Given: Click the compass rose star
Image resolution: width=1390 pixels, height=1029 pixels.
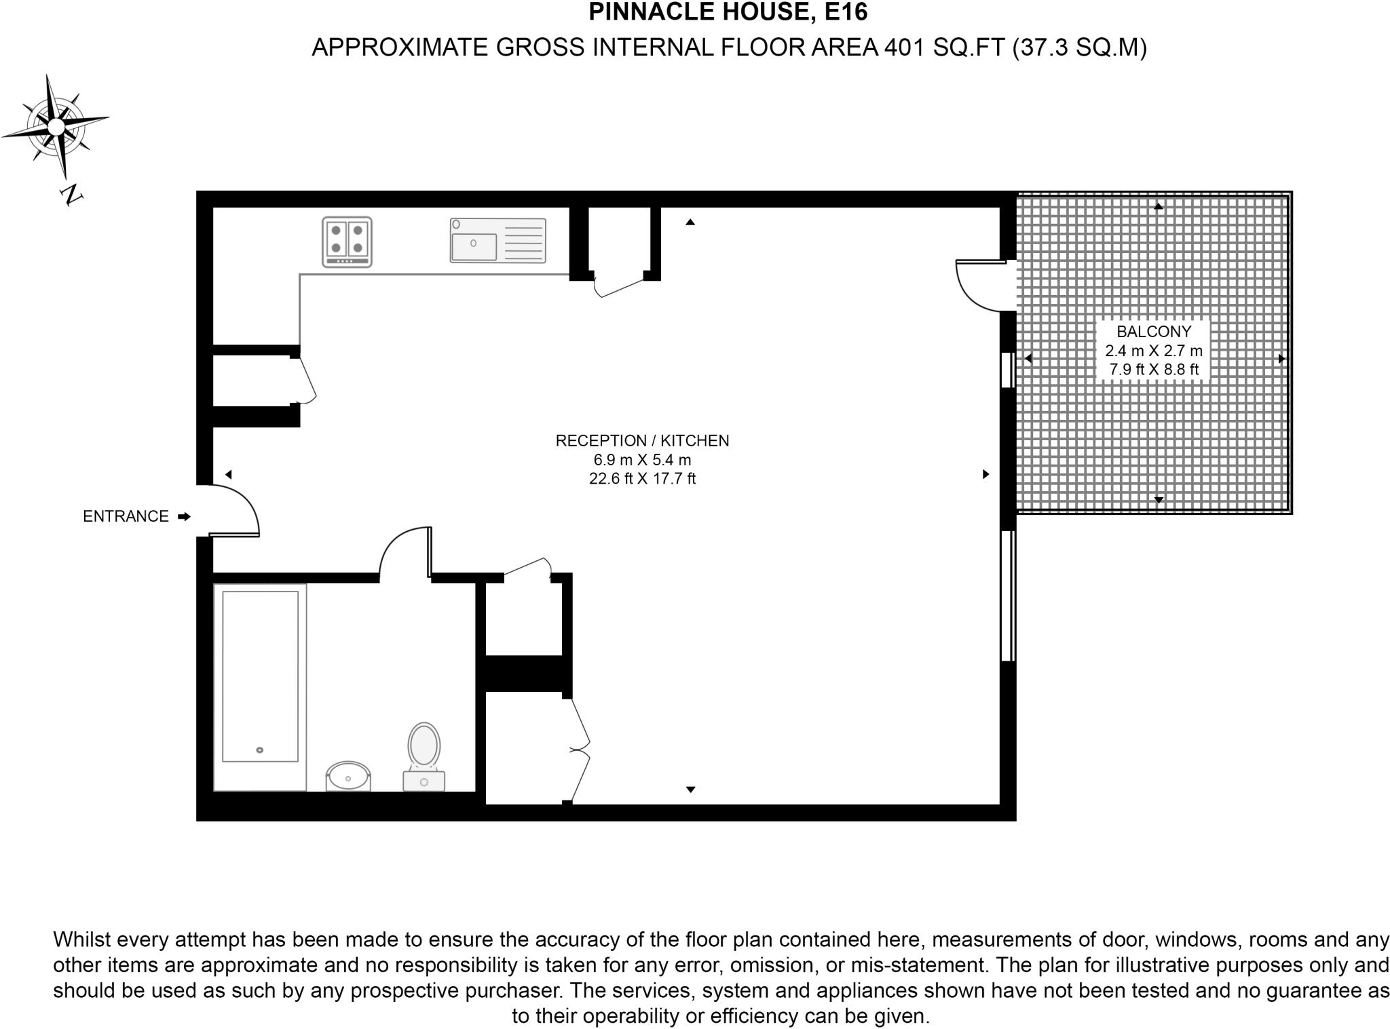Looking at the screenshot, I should click(x=56, y=125).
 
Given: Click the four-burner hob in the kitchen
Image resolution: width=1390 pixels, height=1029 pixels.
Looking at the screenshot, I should click(x=347, y=241).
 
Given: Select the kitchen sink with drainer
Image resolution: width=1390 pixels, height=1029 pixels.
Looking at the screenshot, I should click(x=497, y=240).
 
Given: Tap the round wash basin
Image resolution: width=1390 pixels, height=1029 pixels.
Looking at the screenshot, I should click(x=348, y=776).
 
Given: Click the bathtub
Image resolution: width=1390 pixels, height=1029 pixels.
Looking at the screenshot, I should click(x=260, y=686).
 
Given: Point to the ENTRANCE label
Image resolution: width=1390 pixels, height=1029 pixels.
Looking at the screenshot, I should click(x=126, y=517).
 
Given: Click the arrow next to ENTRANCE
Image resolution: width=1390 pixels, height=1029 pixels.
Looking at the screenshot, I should click(x=184, y=517).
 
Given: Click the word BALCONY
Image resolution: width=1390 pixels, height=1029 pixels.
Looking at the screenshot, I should click(x=1153, y=332).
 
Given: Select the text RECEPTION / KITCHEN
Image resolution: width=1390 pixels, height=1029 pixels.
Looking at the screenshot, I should click(x=642, y=441).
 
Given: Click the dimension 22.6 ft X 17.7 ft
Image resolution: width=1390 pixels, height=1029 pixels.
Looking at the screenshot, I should click(x=642, y=479).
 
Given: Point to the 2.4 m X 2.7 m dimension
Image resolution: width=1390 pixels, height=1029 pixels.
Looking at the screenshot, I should click(x=1153, y=351).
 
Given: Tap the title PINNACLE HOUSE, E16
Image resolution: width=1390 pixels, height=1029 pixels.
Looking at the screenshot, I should click(x=728, y=12).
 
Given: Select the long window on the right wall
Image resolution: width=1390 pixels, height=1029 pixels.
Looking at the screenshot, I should click(x=1008, y=595).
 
